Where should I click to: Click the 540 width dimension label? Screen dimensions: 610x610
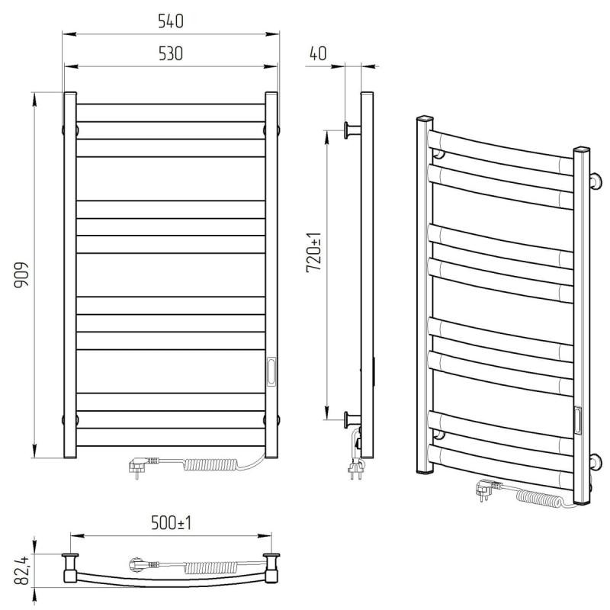click(170, 21)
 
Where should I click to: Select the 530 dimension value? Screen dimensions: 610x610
click(170, 53)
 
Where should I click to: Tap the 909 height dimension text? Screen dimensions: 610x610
click(21, 274)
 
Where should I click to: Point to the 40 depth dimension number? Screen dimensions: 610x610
click(318, 53)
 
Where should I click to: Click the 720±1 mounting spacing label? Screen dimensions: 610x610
click(314, 252)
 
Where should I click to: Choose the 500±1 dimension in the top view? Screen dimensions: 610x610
click(171, 523)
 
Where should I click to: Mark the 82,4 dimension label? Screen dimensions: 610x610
click(21, 570)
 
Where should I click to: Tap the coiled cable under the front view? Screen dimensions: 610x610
click(210, 464)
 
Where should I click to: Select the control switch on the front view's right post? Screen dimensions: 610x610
click(271, 371)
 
